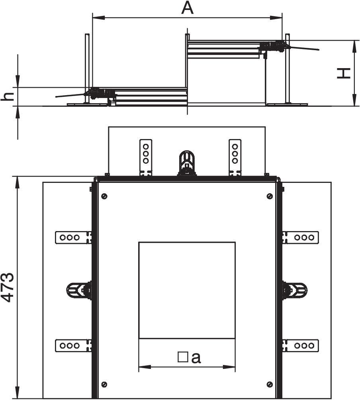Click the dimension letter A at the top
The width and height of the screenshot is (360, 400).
tap(188, 8)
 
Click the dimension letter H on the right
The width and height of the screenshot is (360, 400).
tap(344, 73)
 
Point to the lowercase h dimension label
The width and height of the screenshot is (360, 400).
tap(8, 96)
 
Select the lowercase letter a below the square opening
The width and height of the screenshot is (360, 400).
tap(196, 358)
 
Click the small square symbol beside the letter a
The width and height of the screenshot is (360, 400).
tap(183, 357)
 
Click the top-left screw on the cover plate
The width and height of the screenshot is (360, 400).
tap(104, 196)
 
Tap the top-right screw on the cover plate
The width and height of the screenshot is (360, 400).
tap(270, 196)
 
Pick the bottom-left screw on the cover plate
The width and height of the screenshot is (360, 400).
tap(104, 384)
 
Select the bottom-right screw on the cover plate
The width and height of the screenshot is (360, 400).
tap(270, 384)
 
